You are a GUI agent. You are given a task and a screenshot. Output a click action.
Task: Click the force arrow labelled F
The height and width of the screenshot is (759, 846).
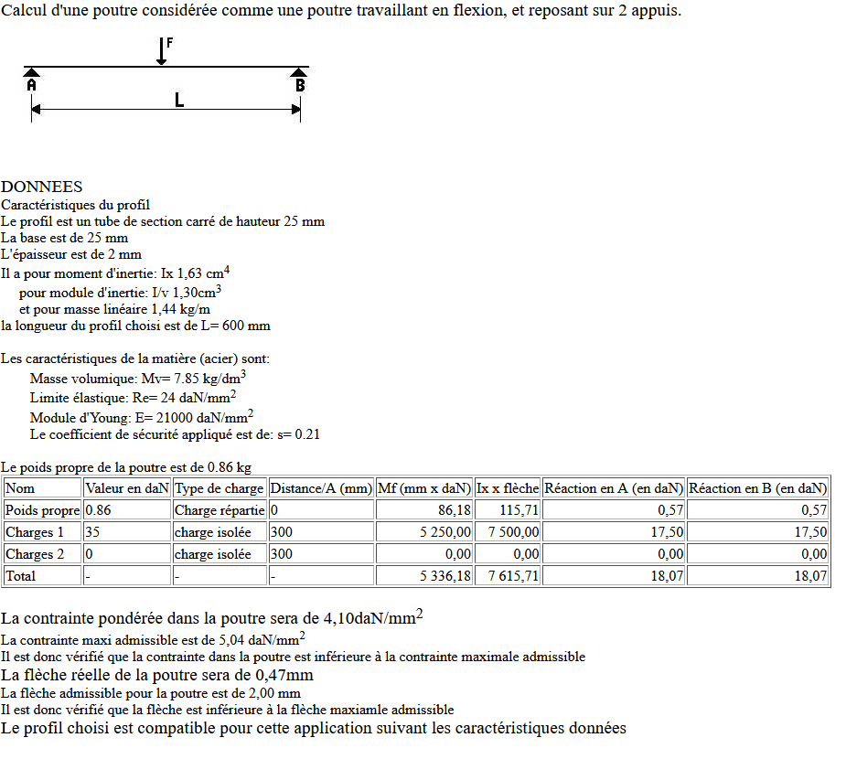(x=162, y=51)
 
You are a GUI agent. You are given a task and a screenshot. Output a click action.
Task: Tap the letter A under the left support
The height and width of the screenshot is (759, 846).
(x=31, y=85)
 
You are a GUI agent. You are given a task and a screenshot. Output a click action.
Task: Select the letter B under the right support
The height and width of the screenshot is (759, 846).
(x=300, y=85)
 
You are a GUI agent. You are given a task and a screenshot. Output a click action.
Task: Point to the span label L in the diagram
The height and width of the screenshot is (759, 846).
(x=179, y=100)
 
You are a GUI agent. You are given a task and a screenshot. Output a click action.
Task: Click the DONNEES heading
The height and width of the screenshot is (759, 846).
(x=42, y=187)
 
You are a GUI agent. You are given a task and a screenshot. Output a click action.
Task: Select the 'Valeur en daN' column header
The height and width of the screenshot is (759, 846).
(x=126, y=488)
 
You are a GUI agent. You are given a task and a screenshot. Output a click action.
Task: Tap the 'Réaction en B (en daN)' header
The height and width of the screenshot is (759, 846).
(x=757, y=488)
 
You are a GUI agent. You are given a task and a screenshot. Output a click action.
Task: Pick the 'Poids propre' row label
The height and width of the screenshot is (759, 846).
(x=42, y=510)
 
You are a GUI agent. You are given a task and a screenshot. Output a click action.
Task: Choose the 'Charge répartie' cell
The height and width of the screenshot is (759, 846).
(x=220, y=510)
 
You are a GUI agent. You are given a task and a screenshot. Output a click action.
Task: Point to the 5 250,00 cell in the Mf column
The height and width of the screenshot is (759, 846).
(x=445, y=532)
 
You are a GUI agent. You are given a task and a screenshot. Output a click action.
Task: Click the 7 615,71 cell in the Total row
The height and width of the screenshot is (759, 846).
(x=514, y=576)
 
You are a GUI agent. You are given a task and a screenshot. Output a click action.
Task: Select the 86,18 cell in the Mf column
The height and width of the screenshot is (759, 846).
(x=455, y=510)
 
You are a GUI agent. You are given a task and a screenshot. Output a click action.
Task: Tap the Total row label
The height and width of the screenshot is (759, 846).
(x=21, y=576)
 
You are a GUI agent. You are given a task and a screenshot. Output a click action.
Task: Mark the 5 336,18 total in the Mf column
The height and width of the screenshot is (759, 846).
(x=445, y=576)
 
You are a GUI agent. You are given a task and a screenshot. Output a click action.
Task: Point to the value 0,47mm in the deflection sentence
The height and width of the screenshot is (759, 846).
(x=284, y=675)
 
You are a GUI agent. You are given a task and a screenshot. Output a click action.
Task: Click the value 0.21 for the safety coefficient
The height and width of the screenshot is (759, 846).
(x=306, y=434)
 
